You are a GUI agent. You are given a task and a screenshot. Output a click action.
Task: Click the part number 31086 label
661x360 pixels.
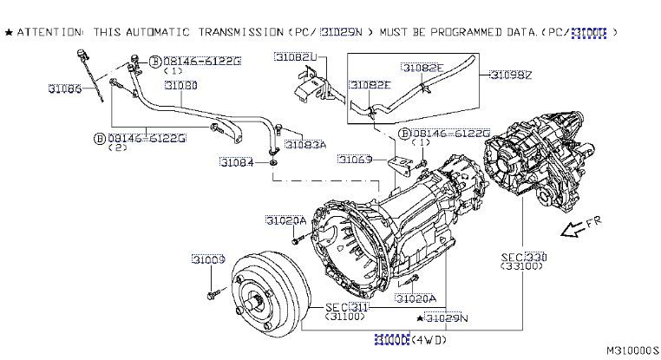[65, 88]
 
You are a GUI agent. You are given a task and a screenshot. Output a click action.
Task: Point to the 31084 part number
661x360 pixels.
[236, 162]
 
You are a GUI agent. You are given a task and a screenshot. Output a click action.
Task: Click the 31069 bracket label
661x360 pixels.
[355, 160]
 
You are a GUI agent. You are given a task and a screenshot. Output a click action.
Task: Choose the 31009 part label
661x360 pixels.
[209, 260]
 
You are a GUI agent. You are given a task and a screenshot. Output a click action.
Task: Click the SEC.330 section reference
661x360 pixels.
[524, 258]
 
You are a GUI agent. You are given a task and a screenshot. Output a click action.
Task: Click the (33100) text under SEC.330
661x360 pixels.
[524, 268]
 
